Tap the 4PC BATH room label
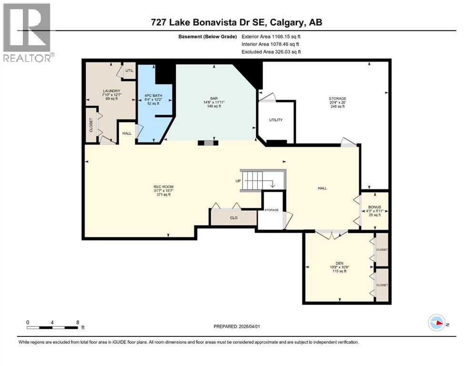tap(153, 96)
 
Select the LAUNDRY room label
tap(111, 91)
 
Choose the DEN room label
tap(339, 262)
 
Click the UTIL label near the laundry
tap(129, 71)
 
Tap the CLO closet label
tap(234, 218)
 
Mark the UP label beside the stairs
tap(238, 181)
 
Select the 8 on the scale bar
tap(77, 322)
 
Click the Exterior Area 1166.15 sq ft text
tap(271, 36)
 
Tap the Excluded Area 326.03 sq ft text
tap(271, 51)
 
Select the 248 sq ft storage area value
tap(336, 106)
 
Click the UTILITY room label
tap(275, 120)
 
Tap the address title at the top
tap(236, 22)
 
